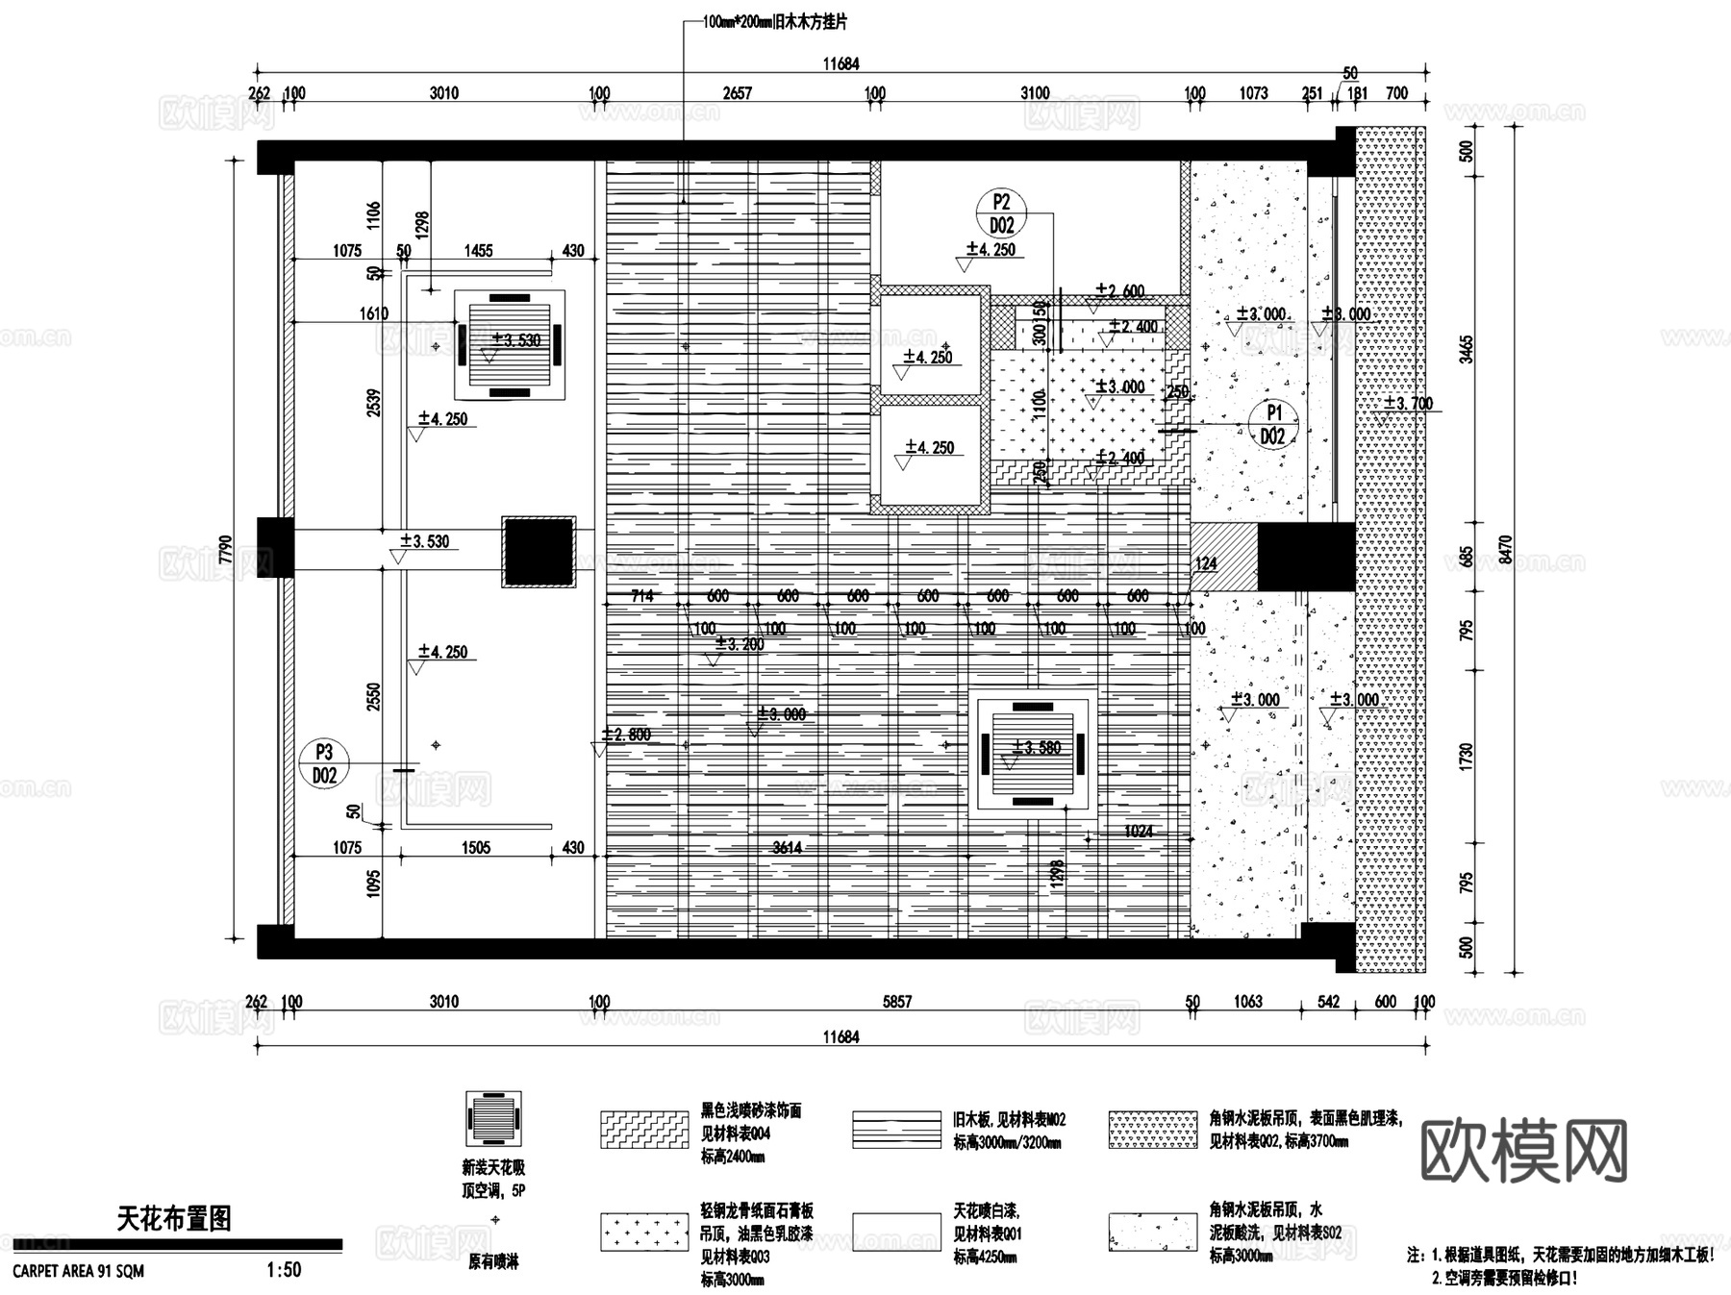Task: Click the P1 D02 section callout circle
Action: tap(1273, 424)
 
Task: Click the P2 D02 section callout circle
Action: tap(1001, 213)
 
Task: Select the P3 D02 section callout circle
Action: tap(324, 763)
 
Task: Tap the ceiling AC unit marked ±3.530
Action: tap(509, 344)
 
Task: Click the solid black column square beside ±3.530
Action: tap(539, 551)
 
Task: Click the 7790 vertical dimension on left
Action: tap(225, 549)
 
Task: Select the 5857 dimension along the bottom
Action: tap(896, 1002)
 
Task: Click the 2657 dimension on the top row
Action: tap(737, 93)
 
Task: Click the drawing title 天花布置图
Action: tap(174, 1219)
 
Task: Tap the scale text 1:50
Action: tap(284, 1270)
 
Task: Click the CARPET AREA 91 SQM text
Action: tap(79, 1271)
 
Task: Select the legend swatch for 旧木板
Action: tap(896, 1131)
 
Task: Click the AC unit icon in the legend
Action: tap(493, 1120)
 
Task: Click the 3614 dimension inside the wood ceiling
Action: tap(787, 847)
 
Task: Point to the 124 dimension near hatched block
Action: tap(1205, 564)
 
